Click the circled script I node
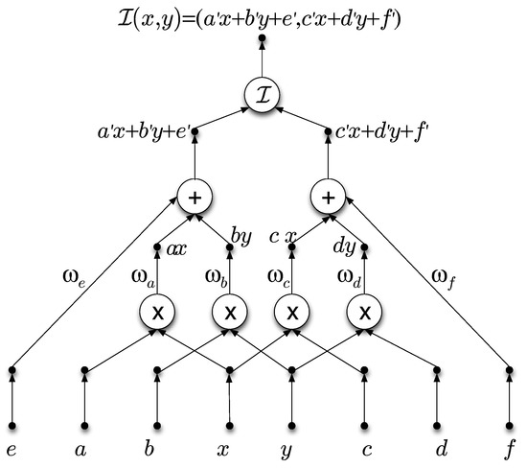click(x=263, y=95)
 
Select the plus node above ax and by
click(x=195, y=198)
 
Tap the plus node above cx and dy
click(x=329, y=198)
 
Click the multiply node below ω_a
click(x=158, y=313)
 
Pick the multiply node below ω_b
click(x=230, y=313)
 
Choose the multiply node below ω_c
click(x=292, y=313)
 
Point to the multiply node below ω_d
click(x=365, y=313)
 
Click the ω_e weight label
click(x=75, y=278)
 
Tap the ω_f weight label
click(x=444, y=279)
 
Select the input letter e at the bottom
click(x=11, y=450)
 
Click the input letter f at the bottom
click(x=510, y=450)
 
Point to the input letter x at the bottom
click(x=223, y=450)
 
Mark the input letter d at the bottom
click(x=441, y=449)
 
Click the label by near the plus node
click(x=241, y=237)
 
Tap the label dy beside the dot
click(x=345, y=247)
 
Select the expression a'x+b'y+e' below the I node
click(x=145, y=131)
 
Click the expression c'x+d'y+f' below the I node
click(x=382, y=131)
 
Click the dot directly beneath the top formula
click(x=263, y=38)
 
